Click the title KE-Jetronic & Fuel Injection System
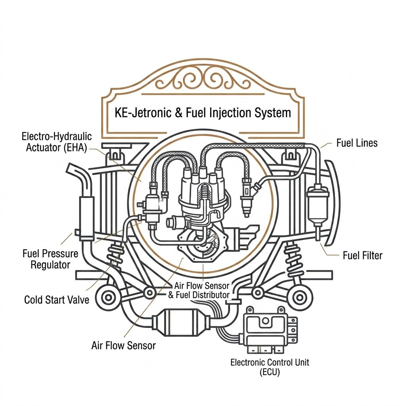(203, 113)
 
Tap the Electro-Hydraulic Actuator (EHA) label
(56, 142)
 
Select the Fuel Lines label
(357, 143)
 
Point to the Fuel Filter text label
(362, 256)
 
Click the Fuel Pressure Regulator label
(50, 259)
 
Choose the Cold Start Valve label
(56, 300)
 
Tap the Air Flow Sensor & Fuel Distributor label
(199, 290)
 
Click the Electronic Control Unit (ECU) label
(270, 367)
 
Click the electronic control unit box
(269, 330)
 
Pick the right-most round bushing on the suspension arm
(300, 297)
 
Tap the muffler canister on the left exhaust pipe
(86, 218)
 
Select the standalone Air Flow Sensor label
(124, 346)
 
